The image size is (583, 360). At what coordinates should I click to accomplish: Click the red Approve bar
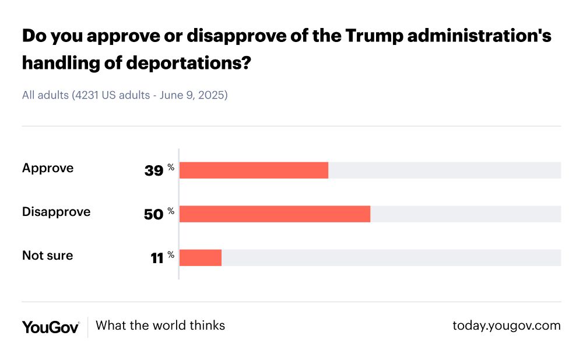click(x=254, y=170)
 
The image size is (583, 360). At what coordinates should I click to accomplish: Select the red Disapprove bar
click(x=275, y=214)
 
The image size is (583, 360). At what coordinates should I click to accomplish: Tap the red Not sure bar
click(x=201, y=257)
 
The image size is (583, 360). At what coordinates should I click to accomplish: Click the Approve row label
click(x=48, y=168)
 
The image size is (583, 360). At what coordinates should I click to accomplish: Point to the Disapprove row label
click(x=56, y=212)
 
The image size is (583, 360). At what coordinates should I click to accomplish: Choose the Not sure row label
click(x=47, y=256)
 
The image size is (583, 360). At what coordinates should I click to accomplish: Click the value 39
click(x=154, y=170)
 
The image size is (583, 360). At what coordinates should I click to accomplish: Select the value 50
click(x=154, y=214)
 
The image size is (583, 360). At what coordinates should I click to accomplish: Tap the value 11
click(x=157, y=258)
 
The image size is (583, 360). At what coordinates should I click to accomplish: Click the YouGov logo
click(x=51, y=326)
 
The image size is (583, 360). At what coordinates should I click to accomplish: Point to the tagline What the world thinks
click(x=160, y=326)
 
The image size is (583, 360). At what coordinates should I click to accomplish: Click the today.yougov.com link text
click(x=507, y=326)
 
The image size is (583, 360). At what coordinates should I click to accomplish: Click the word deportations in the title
click(x=196, y=63)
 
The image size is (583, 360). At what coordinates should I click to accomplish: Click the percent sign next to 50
click(x=171, y=211)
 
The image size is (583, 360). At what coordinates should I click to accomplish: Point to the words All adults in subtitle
click(x=45, y=95)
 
